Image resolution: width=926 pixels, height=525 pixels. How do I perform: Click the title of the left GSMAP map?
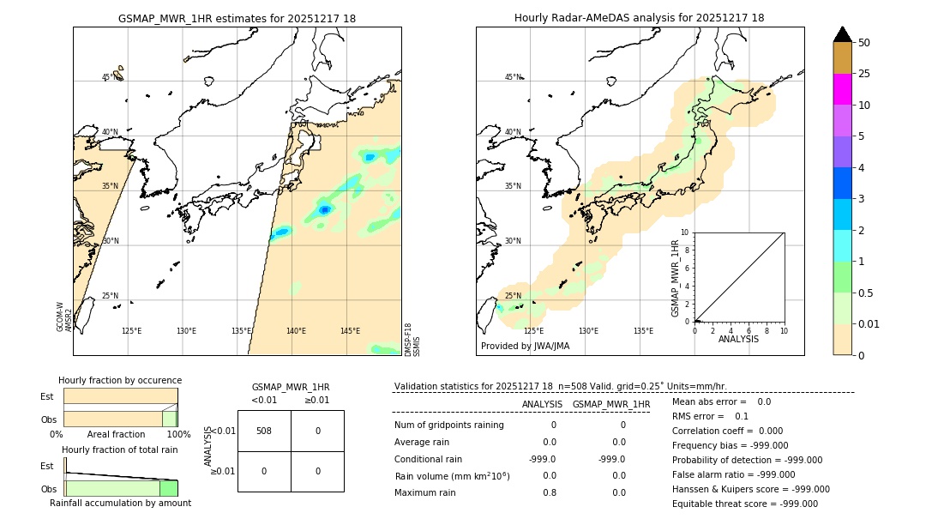(237, 18)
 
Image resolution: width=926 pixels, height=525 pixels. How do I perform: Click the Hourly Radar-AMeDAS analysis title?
(639, 18)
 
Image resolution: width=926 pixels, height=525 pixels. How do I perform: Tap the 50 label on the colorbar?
(864, 43)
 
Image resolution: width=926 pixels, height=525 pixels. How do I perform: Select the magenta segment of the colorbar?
(842, 89)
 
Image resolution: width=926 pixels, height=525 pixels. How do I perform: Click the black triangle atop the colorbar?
(842, 34)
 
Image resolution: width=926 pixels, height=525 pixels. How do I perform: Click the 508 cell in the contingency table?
(264, 431)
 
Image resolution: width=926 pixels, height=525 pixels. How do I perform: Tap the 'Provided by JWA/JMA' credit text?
(525, 347)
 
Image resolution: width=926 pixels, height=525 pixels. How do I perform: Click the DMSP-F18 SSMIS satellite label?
(412, 339)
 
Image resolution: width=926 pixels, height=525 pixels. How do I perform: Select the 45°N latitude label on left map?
(109, 77)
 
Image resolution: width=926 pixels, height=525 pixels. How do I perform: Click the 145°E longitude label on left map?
(350, 331)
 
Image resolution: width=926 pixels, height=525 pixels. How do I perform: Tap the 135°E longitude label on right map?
(643, 331)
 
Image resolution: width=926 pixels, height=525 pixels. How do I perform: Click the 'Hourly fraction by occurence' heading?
(120, 381)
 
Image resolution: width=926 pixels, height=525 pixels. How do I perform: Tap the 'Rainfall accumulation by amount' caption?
(120, 504)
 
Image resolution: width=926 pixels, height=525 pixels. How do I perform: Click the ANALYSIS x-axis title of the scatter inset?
(738, 339)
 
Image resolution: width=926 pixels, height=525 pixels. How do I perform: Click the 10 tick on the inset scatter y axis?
(685, 232)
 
